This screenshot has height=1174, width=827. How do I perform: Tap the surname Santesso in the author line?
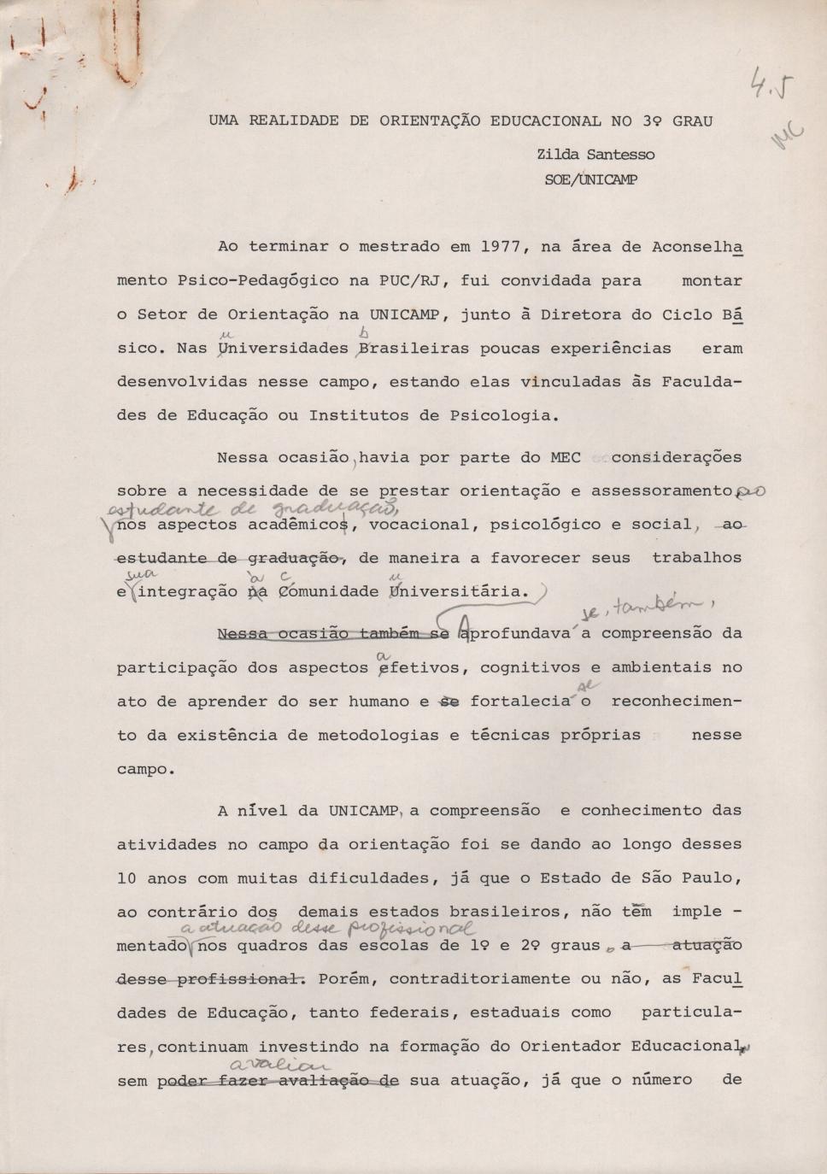pos(621,155)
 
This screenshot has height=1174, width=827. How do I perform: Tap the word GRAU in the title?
pos(692,121)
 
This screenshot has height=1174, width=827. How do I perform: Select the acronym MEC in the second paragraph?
pos(566,458)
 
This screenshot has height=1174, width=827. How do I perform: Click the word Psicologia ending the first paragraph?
pos(501,416)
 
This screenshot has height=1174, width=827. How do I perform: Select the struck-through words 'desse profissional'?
pos(211,979)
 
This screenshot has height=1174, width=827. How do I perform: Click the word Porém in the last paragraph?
pos(344,979)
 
